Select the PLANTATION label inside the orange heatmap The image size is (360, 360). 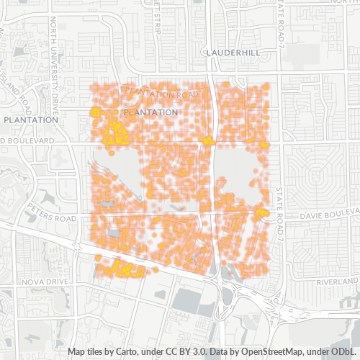click(x=150, y=112)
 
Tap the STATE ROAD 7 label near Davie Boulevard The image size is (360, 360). click(x=280, y=213)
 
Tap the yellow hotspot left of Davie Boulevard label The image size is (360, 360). click(x=261, y=212)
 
